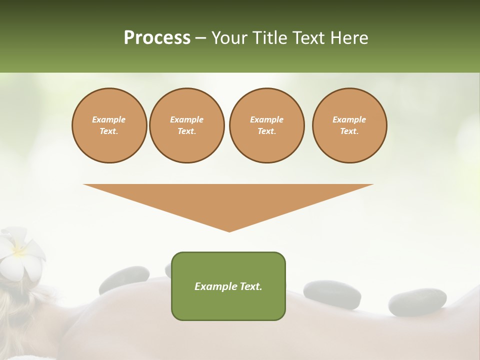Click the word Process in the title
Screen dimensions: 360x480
[157, 38]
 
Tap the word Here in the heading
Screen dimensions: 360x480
[348, 38]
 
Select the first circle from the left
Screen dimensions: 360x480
[109, 125]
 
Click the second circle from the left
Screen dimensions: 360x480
[187, 125]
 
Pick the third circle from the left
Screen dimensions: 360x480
[267, 125]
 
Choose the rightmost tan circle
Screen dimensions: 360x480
[349, 125]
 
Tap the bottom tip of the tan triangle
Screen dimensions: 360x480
[229, 230]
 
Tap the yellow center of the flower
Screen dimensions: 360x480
[18, 248]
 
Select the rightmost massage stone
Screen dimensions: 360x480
[417, 302]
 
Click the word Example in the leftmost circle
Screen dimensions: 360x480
[109, 120]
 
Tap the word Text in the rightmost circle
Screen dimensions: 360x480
[349, 131]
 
